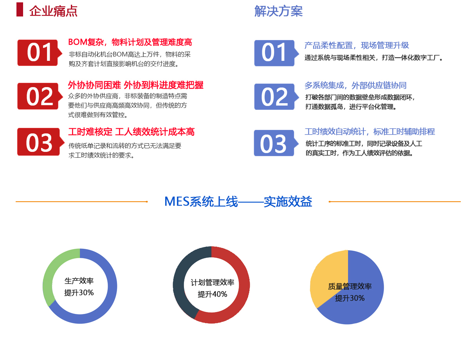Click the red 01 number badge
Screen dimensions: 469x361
coord(40,53)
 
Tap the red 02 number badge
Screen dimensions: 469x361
coord(40,96)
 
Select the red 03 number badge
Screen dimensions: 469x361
coord(40,142)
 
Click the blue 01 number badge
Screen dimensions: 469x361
coord(276,53)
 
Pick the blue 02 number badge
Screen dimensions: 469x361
coord(276,97)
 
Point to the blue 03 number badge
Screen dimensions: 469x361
coord(276,143)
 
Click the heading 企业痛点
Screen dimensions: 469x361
coord(53,11)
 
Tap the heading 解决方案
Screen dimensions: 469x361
coord(278,11)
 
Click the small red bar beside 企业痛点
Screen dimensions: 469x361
coord(20,9)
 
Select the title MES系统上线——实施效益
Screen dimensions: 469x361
coord(238,201)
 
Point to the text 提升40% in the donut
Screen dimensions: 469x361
coord(212,294)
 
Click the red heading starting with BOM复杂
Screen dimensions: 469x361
coord(130,42)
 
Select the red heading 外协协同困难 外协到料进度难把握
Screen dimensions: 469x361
coord(136,85)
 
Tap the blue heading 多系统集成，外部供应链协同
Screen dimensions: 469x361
coord(355,86)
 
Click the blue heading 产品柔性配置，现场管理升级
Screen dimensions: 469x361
coord(357,45)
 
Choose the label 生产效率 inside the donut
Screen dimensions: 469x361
coord(79,281)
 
